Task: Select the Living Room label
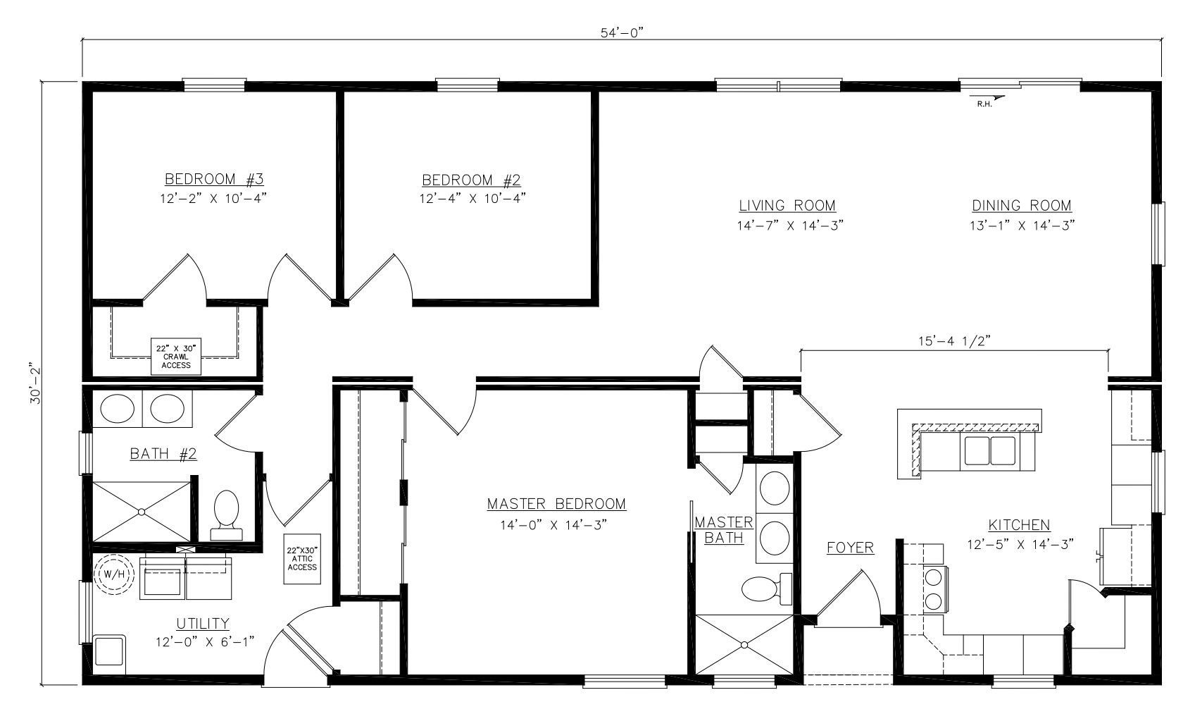tap(787, 206)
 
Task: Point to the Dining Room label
tap(1021, 206)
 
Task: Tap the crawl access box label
tap(176, 357)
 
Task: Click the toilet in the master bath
tap(762, 589)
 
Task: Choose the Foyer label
tap(850, 547)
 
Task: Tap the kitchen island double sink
tap(989, 450)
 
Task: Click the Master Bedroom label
tap(556, 504)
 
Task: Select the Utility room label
tap(203, 623)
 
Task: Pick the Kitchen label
tap(1019, 525)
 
